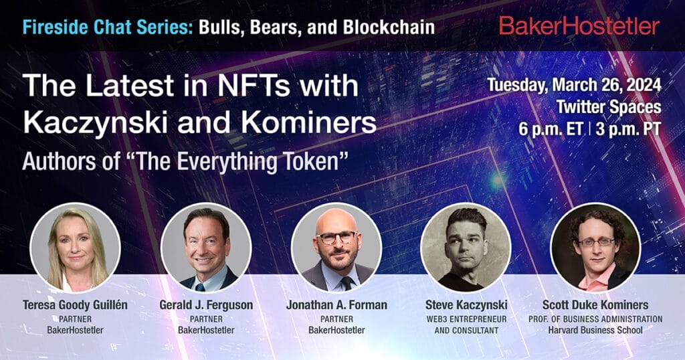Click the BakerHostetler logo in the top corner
coord(579,26)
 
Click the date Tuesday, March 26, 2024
coord(574,86)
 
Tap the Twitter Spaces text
coord(608,106)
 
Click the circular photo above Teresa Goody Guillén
coord(76,247)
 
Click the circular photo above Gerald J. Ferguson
coord(206,247)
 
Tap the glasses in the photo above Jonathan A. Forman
coord(336,237)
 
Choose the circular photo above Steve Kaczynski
coord(466,247)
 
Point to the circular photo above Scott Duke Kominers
coord(595,247)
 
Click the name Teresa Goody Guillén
coord(76,305)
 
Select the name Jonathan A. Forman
coord(336,305)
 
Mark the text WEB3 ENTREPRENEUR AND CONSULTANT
coord(466,324)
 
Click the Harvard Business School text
coord(595,330)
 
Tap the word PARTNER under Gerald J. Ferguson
coord(206,319)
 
